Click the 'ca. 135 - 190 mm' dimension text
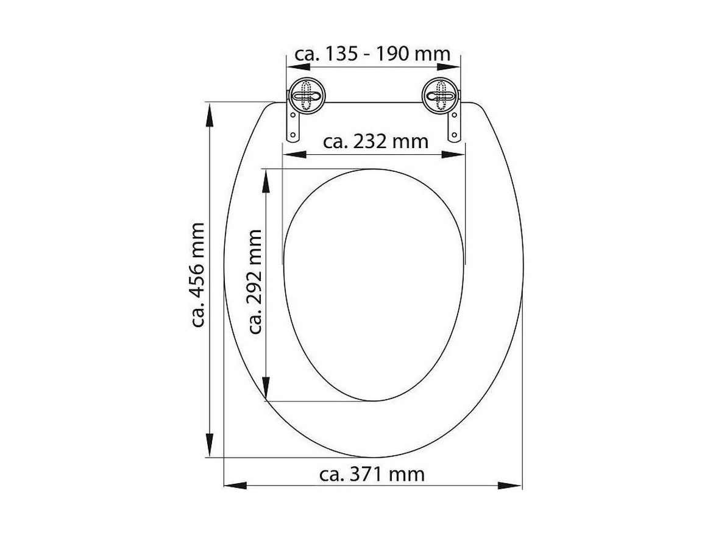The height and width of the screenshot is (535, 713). [372, 54]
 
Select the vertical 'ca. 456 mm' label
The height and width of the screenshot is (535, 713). [196, 275]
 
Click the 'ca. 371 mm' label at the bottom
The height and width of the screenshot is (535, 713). [372, 473]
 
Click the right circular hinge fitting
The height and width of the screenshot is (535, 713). [439, 96]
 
